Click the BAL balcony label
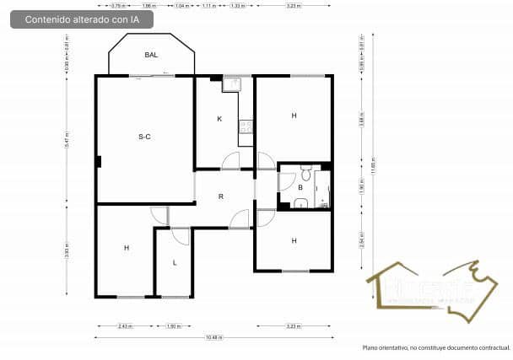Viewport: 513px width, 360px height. (x=151, y=55)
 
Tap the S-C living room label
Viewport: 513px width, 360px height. (x=144, y=136)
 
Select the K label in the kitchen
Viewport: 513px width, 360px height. (x=219, y=119)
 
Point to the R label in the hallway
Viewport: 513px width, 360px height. (x=221, y=196)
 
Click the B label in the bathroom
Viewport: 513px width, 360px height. (x=300, y=186)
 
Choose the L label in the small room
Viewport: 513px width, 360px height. (x=175, y=262)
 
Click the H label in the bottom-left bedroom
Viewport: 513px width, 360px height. (x=127, y=248)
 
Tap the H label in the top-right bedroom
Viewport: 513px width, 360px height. (x=294, y=116)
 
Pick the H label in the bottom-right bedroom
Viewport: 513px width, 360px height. (x=294, y=240)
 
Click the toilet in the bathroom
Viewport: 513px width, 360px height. (x=307, y=171)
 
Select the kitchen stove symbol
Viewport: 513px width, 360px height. (x=245, y=127)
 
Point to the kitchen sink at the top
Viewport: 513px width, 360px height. (x=232, y=84)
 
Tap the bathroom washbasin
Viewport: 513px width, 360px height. (x=300, y=202)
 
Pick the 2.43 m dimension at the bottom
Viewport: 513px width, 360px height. (x=125, y=325)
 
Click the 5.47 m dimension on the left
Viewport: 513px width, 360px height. (x=66, y=137)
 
